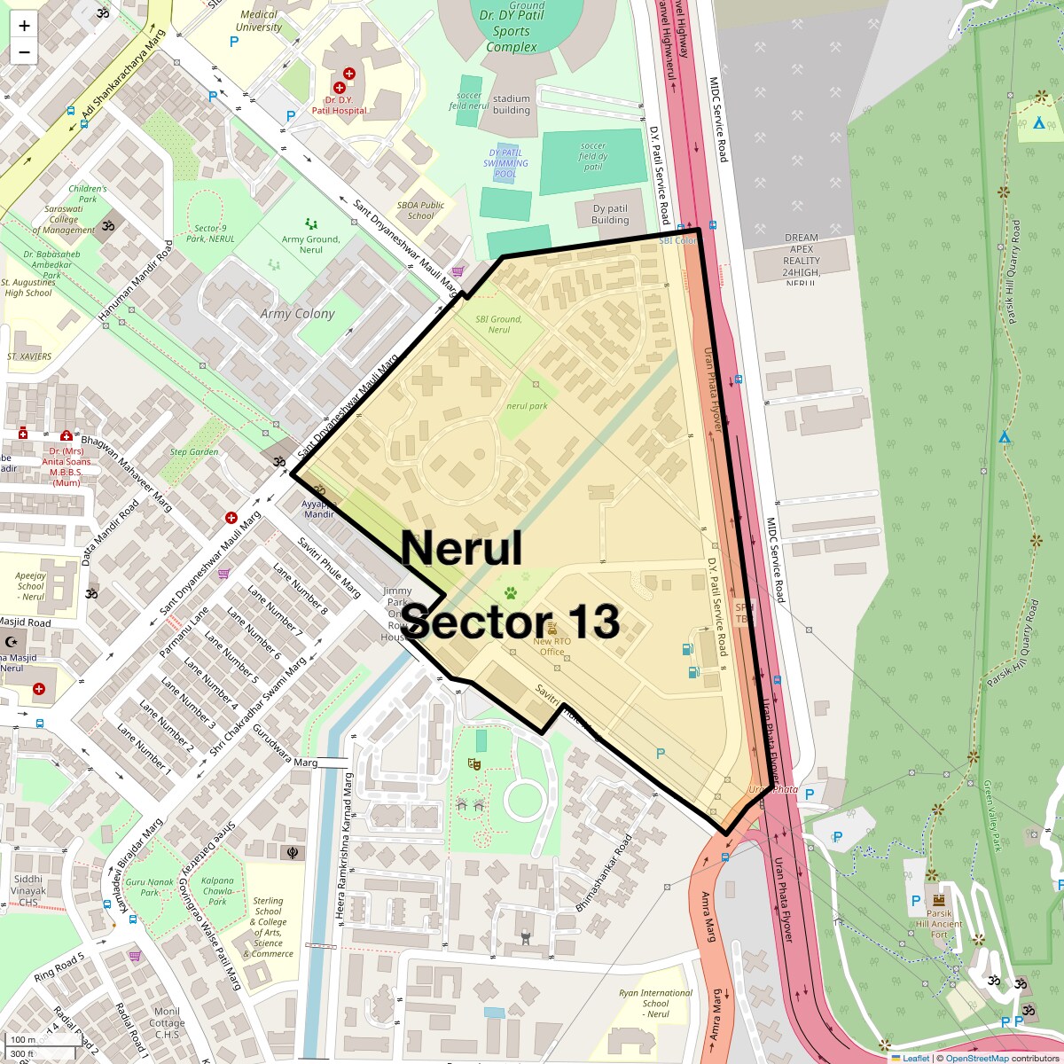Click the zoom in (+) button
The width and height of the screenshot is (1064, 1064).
pyautogui.click(x=24, y=26)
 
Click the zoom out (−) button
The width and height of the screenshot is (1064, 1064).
pyautogui.click(x=24, y=52)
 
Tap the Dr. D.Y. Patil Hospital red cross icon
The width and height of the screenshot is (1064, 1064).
pyautogui.click(x=339, y=87)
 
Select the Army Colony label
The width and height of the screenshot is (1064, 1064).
pyautogui.click(x=298, y=314)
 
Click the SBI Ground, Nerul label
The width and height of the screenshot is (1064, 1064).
pyautogui.click(x=498, y=325)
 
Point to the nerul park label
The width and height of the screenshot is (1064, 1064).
pyautogui.click(x=527, y=406)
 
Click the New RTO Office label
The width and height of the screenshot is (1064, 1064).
pyautogui.click(x=552, y=646)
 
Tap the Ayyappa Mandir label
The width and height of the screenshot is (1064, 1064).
pyautogui.click(x=319, y=509)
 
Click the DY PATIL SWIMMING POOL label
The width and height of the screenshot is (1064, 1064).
pyautogui.click(x=505, y=163)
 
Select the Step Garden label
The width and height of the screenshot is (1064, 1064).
pyautogui.click(x=194, y=451)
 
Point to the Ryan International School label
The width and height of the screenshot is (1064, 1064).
pyautogui.click(x=656, y=1003)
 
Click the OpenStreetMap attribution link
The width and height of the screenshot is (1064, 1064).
pyautogui.click(x=976, y=1058)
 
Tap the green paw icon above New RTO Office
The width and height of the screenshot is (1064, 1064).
pyautogui.click(x=511, y=593)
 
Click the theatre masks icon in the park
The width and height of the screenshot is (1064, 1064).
pyautogui.click(x=474, y=763)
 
